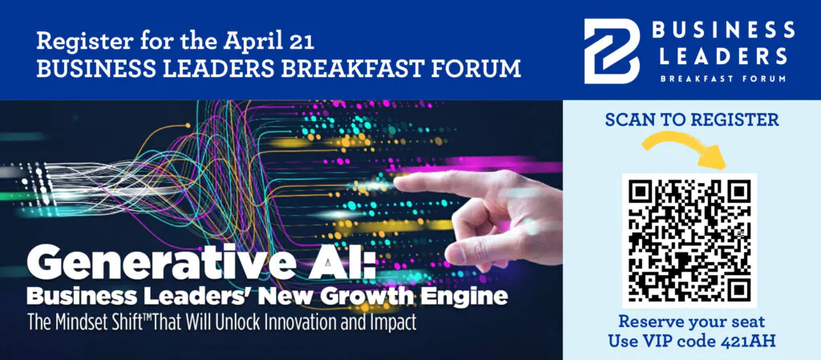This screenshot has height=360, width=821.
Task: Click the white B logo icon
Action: tap(612, 51)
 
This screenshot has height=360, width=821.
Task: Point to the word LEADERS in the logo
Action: tap(723, 55)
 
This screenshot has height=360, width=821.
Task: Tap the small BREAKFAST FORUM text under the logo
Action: tap(723, 79)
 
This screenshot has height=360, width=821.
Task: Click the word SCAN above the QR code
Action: tap(629, 119)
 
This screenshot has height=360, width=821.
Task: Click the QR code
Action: tap(690, 241)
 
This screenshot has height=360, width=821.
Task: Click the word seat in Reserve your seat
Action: tap(747, 321)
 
